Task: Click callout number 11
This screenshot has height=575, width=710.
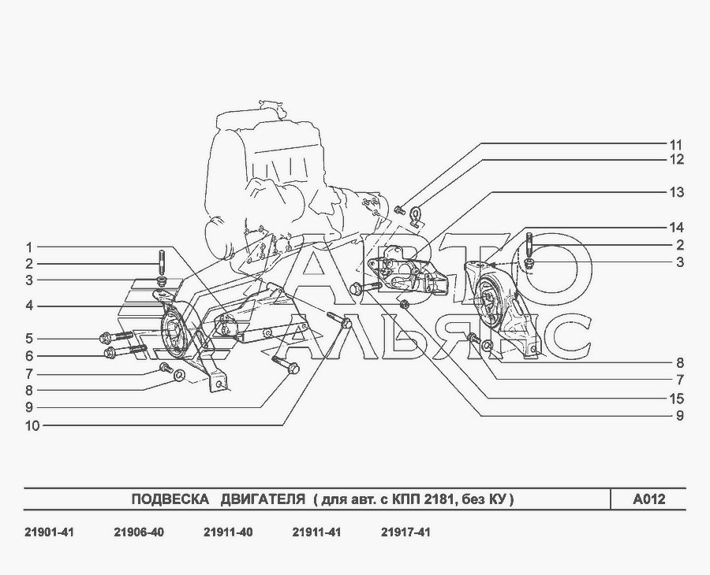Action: [x=676, y=145]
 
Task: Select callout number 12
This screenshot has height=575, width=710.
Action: [x=676, y=160]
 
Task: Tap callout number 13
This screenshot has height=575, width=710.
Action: [x=676, y=192]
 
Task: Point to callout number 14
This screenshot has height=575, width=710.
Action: [x=676, y=228]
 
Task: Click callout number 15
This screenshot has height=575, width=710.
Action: [x=676, y=399]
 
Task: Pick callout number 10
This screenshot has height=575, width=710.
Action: [x=32, y=426]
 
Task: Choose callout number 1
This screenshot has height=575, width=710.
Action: [x=29, y=247]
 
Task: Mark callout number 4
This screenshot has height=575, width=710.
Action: [x=29, y=306]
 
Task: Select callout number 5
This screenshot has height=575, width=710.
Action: [x=29, y=339]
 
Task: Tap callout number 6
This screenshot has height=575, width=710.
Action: [x=29, y=356]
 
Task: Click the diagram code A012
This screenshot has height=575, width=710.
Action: [x=649, y=499]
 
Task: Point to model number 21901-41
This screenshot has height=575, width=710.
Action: [x=49, y=532]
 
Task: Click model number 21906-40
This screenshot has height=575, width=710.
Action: [x=139, y=532]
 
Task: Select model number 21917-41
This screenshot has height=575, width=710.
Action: [x=405, y=532]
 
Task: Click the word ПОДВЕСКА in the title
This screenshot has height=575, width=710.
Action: [x=170, y=499]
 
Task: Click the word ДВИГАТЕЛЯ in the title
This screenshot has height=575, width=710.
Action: [x=263, y=499]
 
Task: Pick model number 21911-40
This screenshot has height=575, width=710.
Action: [x=228, y=532]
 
